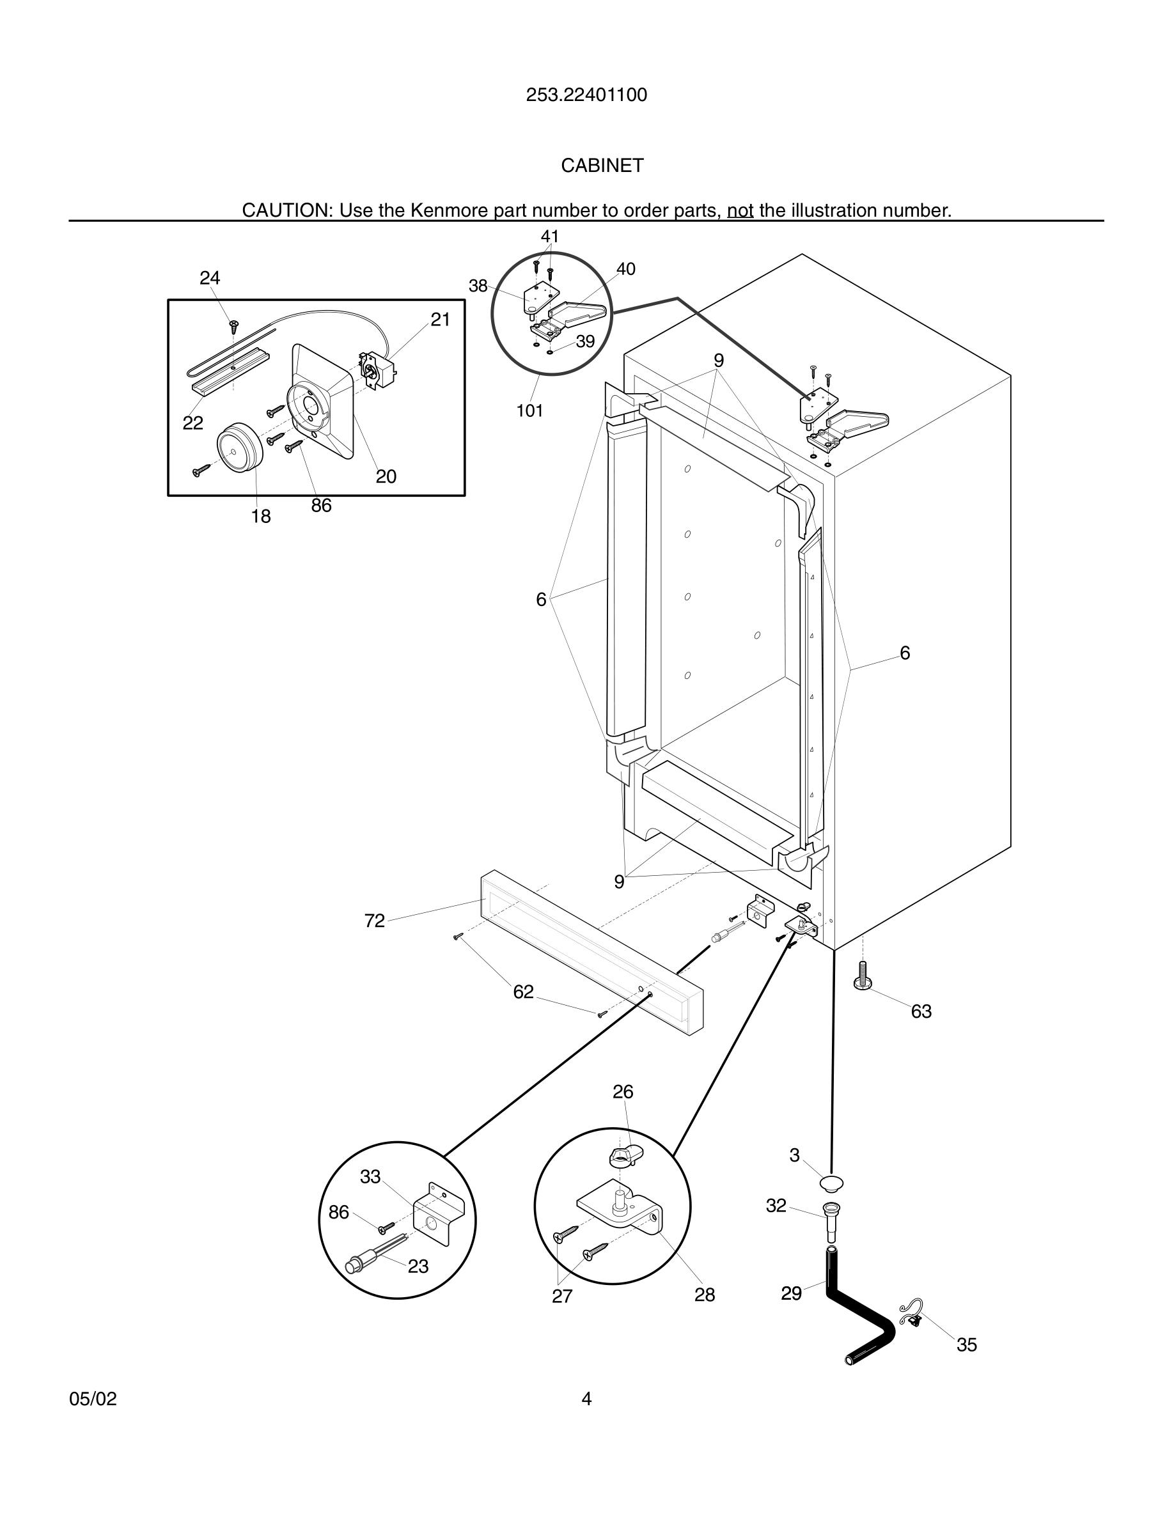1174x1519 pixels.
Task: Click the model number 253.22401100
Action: (586, 95)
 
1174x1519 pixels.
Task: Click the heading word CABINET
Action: (602, 166)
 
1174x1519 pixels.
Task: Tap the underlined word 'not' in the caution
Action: (740, 210)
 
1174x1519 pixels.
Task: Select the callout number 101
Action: (529, 411)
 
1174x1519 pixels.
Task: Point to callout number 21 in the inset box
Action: (440, 320)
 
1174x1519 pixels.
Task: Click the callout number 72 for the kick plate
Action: (374, 921)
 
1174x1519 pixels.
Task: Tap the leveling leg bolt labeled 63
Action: (863, 975)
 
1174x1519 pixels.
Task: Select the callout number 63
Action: (921, 1011)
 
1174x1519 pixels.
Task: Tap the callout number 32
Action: (776, 1206)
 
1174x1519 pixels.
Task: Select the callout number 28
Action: (705, 1295)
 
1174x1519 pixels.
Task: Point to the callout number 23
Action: (418, 1266)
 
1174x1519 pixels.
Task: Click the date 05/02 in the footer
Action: (93, 1399)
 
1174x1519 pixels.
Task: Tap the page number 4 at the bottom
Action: (586, 1399)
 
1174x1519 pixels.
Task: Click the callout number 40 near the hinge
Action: (625, 269)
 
